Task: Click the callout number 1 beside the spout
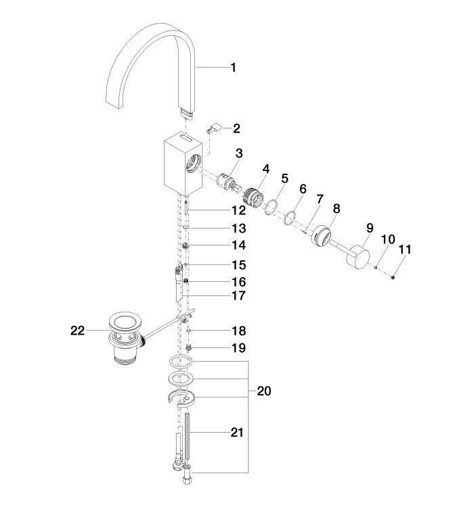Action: (x=233, y=68)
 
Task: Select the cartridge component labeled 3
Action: (x=227, y=184)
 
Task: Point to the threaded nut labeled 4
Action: (x=253, y=197)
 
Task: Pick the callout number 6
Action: (x=303, y=189)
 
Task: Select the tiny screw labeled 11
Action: (x=393, y=276)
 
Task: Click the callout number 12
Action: (x=238, y=211)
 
